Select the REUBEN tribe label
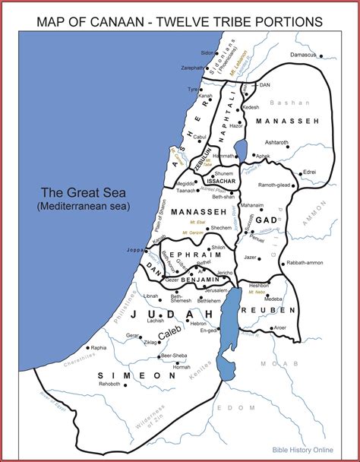click(x=270, y=310)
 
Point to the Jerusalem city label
click(x=216, y=290)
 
